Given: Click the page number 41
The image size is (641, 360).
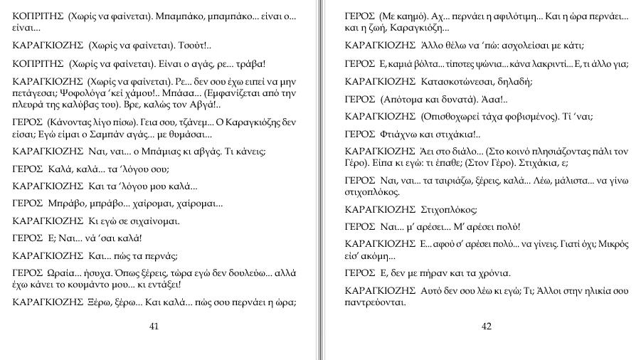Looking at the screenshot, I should [x=154, y=327].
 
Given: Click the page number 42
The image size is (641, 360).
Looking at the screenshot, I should [x=487, y=327].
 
